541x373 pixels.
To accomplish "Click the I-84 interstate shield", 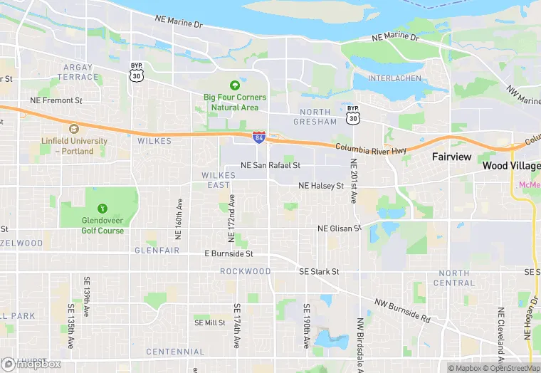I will click(x=259, y=135).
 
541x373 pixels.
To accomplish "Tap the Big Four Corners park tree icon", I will click(x=235, y=85).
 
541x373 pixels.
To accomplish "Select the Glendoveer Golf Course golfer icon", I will click(x=102, y=209).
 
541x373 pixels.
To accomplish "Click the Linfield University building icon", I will click(x=73, y=129).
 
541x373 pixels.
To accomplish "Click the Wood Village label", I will click(x=510, y=165).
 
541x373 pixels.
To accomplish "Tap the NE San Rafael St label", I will click(x=270, y=165).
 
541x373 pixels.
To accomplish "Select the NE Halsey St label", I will click(x=321, y=186).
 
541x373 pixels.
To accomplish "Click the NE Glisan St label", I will click(x=339, y=228).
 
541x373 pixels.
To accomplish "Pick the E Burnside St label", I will click(x=229, y=253).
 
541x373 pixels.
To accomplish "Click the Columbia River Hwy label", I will click(x=372, y=148).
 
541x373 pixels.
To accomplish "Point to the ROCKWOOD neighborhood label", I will click(x=245, y=271).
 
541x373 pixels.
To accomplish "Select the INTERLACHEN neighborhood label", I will click(x=394, y=78).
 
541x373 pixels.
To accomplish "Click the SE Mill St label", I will click(x=210, y=322).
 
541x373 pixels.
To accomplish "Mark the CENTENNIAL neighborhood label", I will click(x=175, y=352).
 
